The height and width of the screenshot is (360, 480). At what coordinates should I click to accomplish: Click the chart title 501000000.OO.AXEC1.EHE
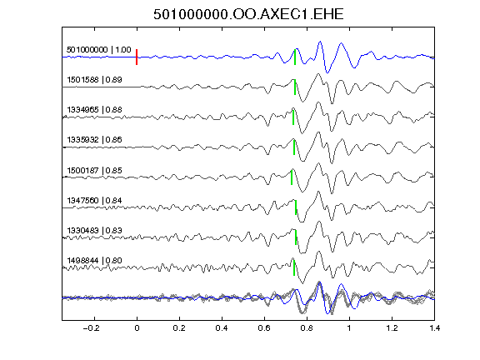coord(248,14)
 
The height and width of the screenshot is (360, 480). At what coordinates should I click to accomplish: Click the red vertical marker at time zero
coord(137,57)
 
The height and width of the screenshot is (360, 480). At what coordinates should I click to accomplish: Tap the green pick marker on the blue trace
coord(295,57)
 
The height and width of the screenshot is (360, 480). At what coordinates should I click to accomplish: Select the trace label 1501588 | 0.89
coord(94,80)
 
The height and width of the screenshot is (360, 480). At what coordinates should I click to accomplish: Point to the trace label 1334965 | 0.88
coord(94,110)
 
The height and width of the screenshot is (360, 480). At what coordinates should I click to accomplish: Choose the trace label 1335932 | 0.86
coord(94,140)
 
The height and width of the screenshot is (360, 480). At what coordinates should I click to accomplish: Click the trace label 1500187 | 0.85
coord(94,170)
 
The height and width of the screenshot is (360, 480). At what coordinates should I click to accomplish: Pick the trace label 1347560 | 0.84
coord(94,201)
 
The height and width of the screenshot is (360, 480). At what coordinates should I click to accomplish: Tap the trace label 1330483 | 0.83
coord(94,230)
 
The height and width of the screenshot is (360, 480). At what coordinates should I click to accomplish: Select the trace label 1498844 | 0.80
coord(94,261)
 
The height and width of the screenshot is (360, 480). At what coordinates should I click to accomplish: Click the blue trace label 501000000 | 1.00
coord(99,50)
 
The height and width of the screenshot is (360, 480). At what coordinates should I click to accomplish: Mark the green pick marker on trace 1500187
coord(292,177)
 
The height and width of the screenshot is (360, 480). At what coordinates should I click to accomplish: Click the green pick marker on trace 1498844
coord(294,267)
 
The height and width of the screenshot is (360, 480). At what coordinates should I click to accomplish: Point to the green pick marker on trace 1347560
coord(296,207)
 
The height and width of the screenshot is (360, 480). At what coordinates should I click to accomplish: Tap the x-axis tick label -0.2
coord(91,328)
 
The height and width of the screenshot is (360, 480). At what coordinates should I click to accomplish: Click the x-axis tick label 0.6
coord(264,328)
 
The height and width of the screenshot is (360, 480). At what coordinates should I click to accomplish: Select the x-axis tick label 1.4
coord(434,328)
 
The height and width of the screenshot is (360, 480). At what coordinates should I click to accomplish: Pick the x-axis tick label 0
coord(137,328)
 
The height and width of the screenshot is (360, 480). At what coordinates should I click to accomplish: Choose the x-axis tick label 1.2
coord(392,328)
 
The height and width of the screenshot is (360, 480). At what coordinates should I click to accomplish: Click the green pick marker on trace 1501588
coord(295,87)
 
